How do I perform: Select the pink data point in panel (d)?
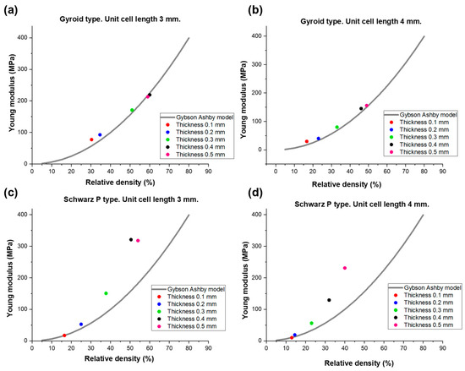click(345, 268)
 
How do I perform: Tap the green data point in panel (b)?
click(336, 128)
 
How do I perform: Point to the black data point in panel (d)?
click(329, 300)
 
